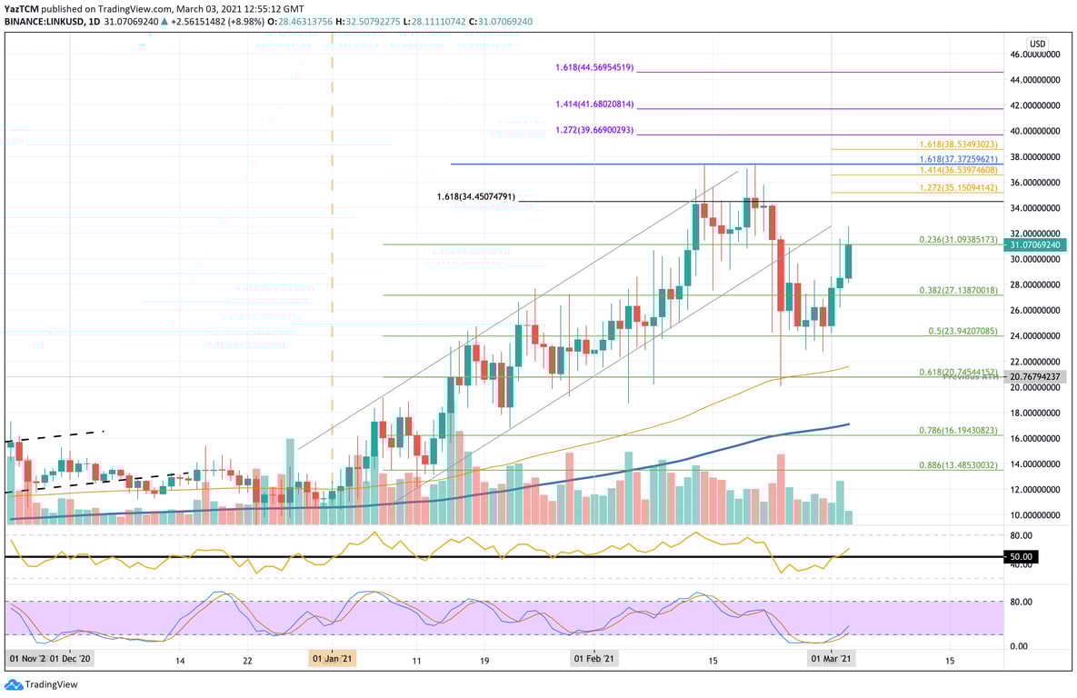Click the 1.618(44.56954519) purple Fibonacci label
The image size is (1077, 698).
pyautogui.click(x=594, y=67)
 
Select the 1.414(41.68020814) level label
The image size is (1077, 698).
pyautogui.click(x=594, y=105)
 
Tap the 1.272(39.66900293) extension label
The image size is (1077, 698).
pyautogui.click(x=594, y=131)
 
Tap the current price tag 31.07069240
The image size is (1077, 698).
pyautogui.click(x=1034, y=244)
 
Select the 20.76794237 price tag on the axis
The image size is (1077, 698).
pyautogui.click(x=1034, y=376)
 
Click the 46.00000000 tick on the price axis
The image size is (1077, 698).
pyautogui.click(x=1035, y=55)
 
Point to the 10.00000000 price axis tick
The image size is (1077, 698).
pyautogui.click(x=1035, y=514)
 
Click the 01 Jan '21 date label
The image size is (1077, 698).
pyautogui.click(x=333, y=659)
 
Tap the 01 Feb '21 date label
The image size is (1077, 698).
pyautogui.click(x=594, y=659)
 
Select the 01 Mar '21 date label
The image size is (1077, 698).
pyautogui.click(x=832, y=659)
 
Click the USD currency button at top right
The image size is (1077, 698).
pyautogui.click(x=1038, y=44)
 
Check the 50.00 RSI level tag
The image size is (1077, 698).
pyautogui.click(x=1022, y=556)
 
